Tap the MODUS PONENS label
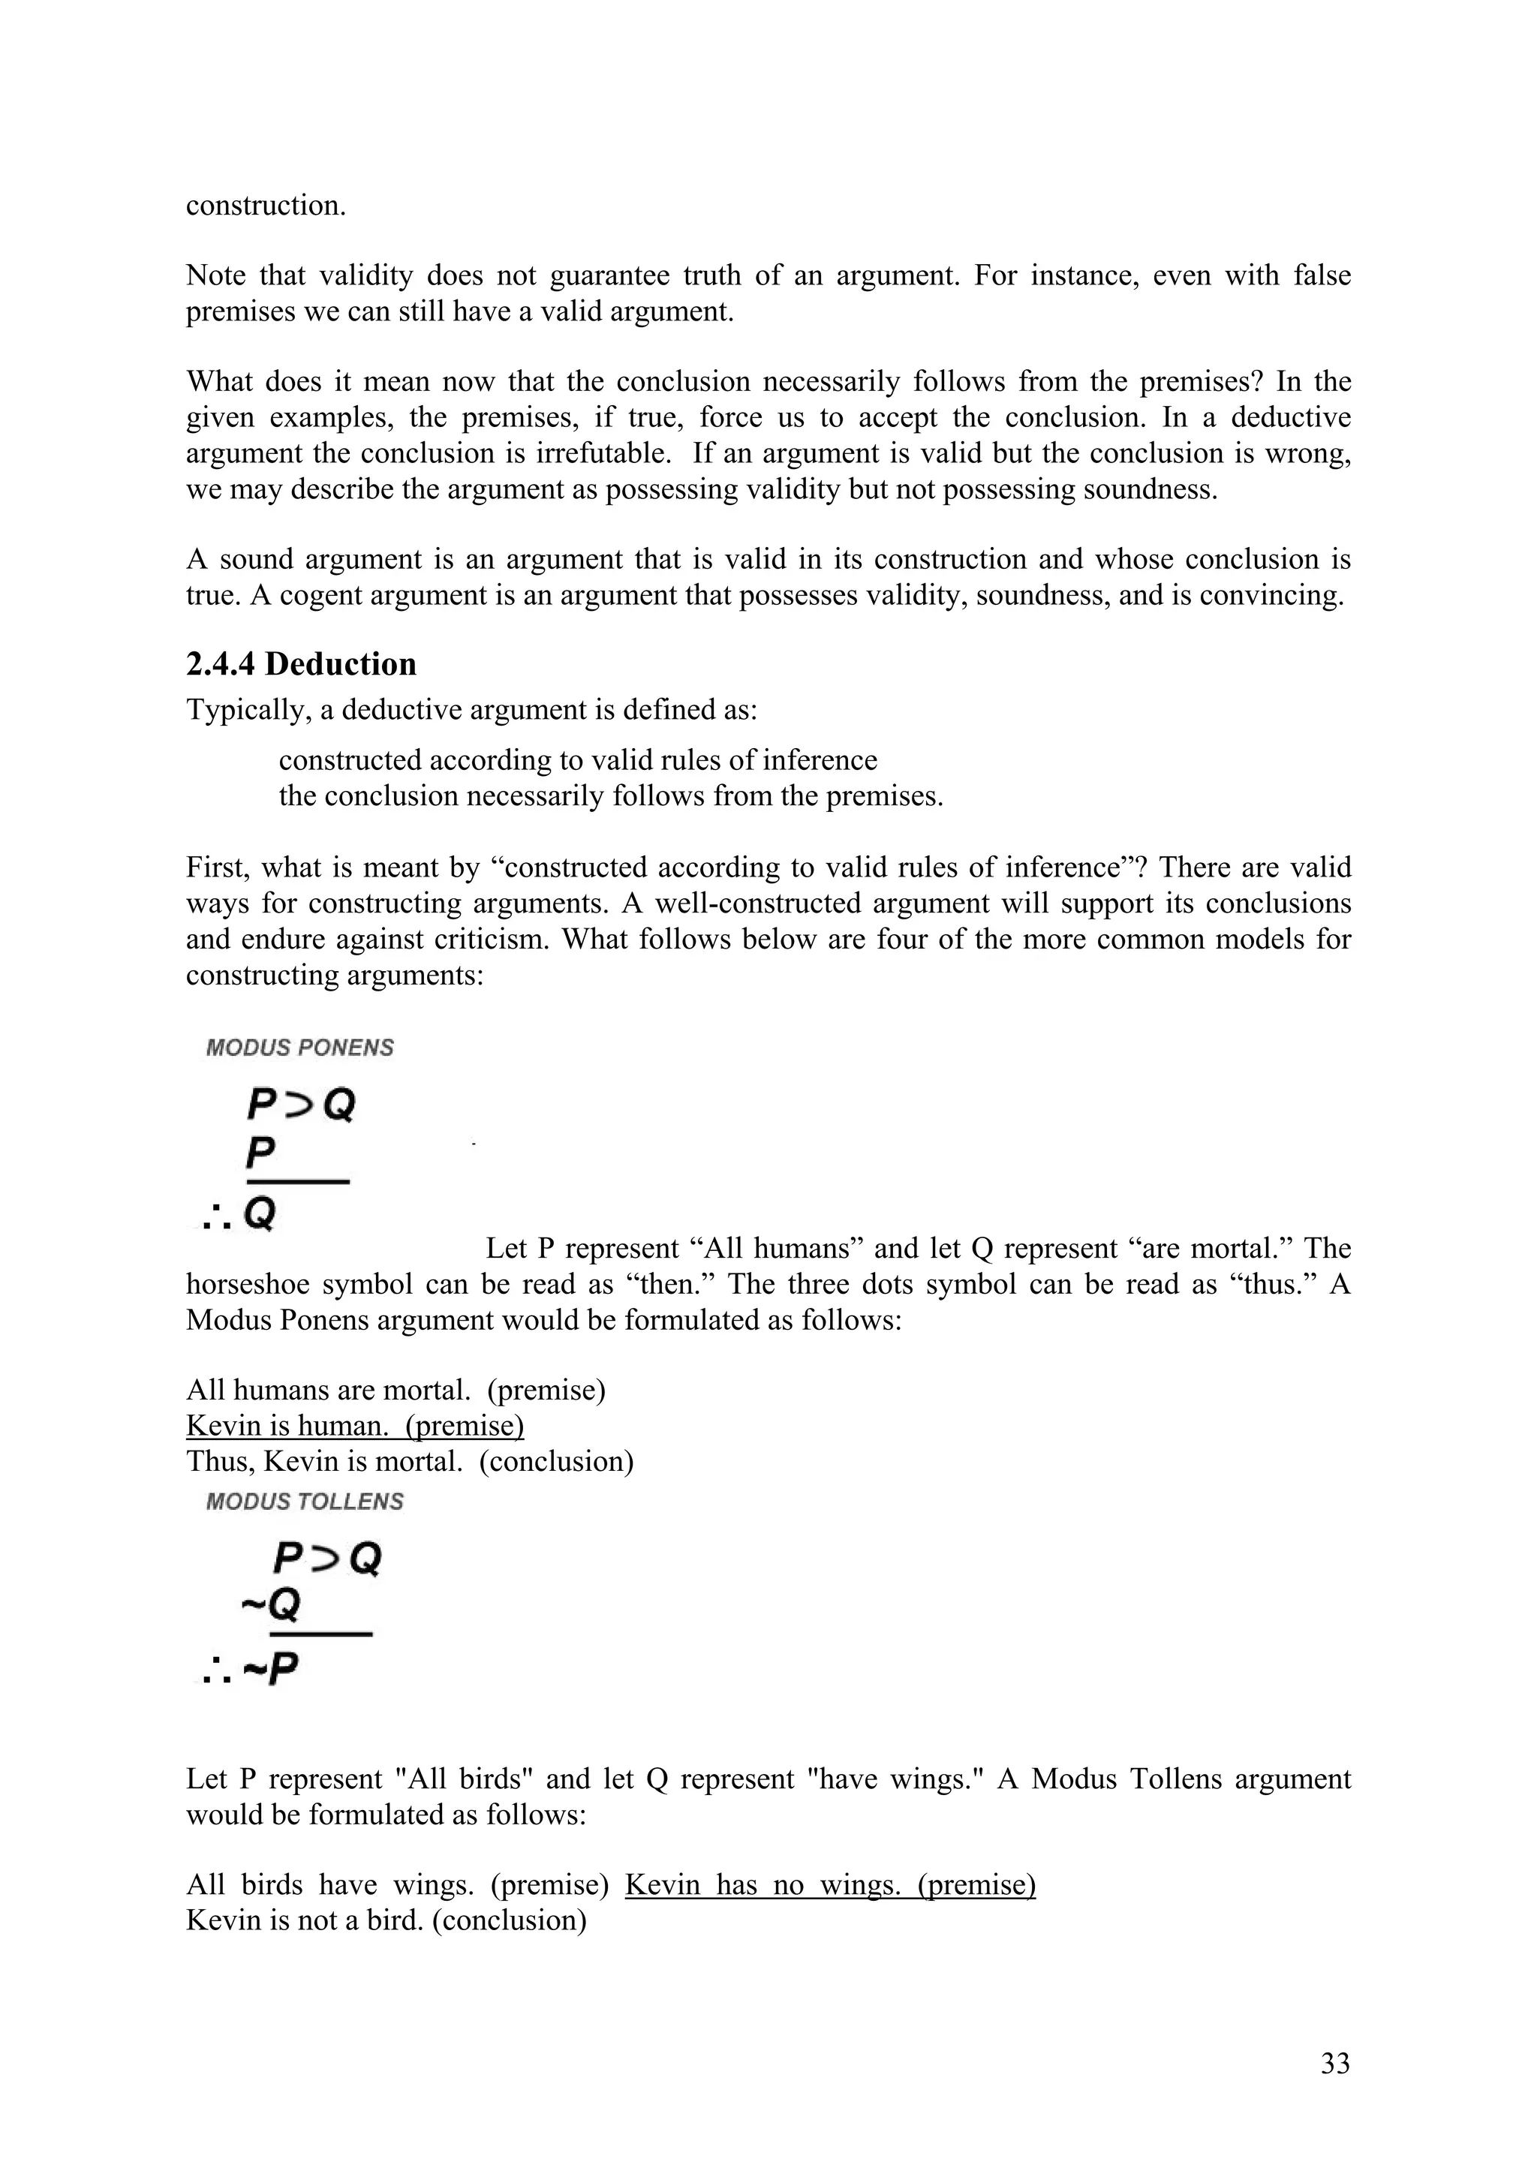click(299, 1048)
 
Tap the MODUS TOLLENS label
click(304, 1501)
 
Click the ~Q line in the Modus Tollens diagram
click(271, 1603)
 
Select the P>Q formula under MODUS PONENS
click(300, 1104)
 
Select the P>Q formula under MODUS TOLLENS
click(326, 1558)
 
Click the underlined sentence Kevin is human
click(354, 1425)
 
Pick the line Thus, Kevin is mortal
click(409, 1461)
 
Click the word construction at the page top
click(265, 206)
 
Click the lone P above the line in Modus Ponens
click(260, 1153)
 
